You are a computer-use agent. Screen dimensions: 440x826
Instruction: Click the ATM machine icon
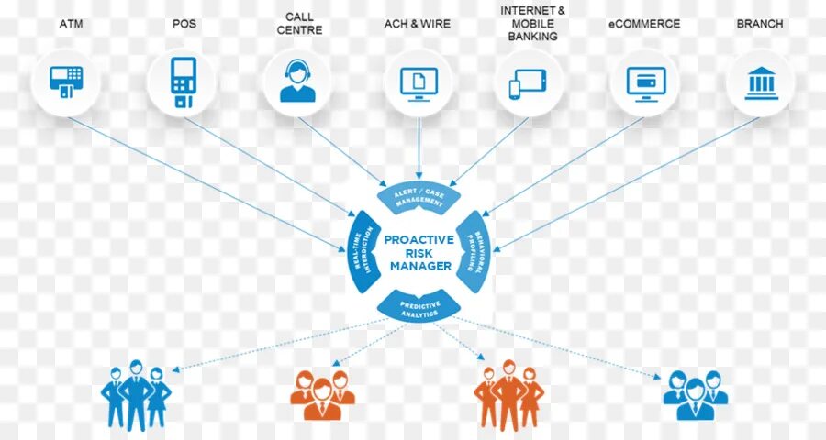[x=65, y=82]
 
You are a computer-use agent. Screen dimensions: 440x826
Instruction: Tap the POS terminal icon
[x=183, y=82]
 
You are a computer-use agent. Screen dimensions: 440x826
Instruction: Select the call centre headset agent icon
[x=297, y=82]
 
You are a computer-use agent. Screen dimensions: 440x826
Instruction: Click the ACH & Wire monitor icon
[x=419, y=82]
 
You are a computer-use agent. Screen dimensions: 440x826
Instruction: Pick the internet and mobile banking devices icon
[x=528, y=83]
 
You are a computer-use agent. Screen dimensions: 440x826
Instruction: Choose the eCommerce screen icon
[x=645, y=82]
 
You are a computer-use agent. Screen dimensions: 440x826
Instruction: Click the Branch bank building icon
[x=761, y=82]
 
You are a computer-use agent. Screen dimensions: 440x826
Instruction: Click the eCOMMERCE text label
[x=645, y=24]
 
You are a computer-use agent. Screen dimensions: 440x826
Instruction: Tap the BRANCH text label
[x=760, y=24]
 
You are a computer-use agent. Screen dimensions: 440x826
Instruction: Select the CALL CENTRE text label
[x=299, y=24]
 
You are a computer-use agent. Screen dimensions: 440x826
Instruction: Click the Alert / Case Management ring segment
[x=419, y=194]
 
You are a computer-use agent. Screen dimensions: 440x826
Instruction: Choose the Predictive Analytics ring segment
[x=419, y=306]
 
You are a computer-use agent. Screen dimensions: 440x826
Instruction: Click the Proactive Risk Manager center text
[x=419, y=252]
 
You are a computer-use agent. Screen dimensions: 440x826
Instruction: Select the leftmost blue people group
[x=136, y=395]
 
